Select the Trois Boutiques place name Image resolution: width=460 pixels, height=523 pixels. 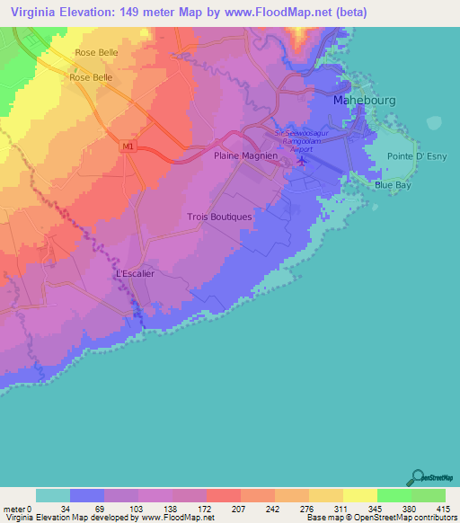pos(219,217)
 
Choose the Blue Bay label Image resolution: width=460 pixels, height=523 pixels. pos(393,185)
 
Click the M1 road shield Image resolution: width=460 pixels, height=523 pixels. pos(127,145)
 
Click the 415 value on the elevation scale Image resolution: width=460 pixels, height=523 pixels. pos(443,508)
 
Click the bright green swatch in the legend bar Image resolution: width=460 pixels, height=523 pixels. pos(394,495)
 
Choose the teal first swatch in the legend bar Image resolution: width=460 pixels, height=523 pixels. pos(53,495)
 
